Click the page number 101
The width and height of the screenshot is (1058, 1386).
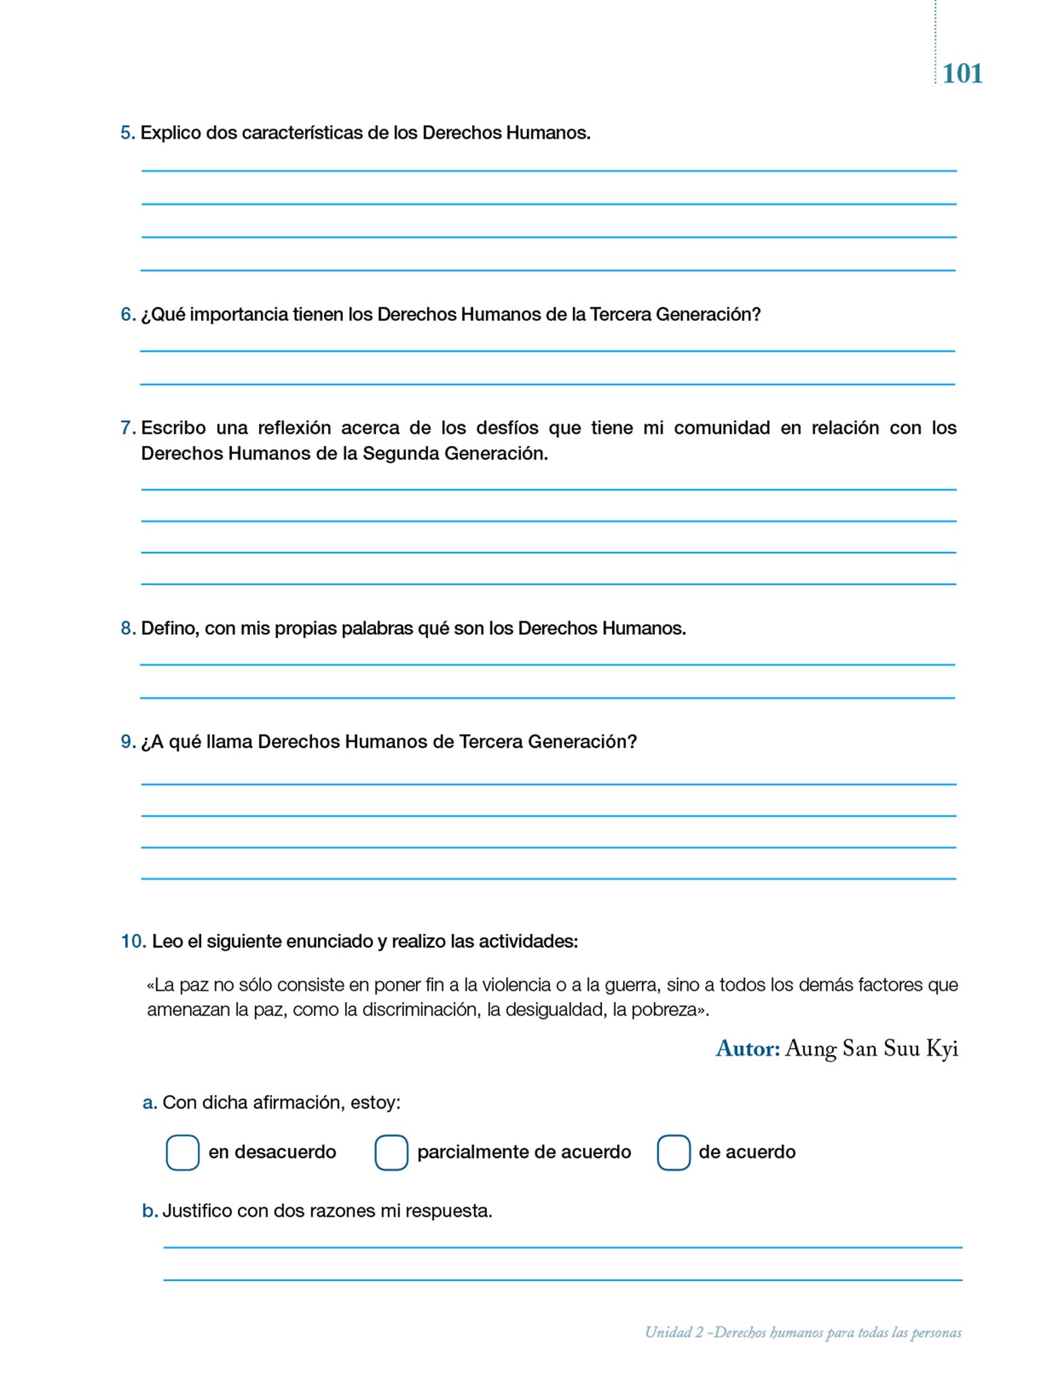[962, 73]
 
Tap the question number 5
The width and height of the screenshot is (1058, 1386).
[127, 133]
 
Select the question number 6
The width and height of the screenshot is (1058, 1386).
[127, 315]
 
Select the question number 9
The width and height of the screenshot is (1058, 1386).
[127, 742]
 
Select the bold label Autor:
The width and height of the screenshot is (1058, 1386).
[747, 1049]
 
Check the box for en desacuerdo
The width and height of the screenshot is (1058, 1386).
[183, 1153]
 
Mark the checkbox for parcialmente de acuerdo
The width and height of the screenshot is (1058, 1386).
[391, 1153]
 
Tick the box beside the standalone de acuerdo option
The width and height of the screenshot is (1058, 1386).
[673, 1153]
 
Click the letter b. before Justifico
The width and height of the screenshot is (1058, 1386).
[149, 1211]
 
